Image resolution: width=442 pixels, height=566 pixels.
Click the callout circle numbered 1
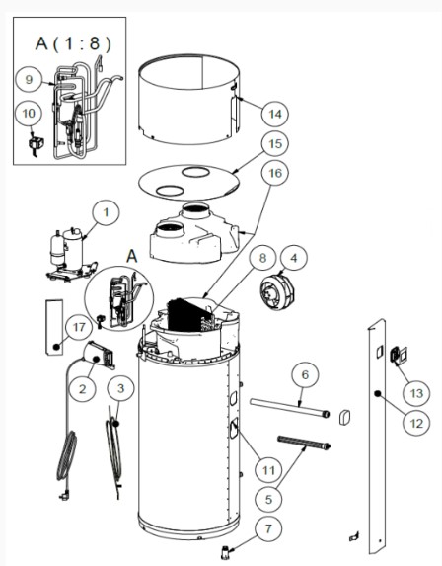pos(106,212)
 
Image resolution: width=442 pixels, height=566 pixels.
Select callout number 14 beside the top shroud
pos(274,114)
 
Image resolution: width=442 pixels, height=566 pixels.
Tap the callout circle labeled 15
pos(275,143)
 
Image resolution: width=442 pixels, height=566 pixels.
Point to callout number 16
pos(275,173)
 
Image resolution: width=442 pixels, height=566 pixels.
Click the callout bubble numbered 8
pos(262,258)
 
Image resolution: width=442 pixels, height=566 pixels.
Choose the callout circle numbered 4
pos(294,258)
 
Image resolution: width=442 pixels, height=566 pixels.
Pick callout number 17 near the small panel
pos(79,327)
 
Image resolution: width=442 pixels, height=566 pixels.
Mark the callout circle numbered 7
pos(268,528)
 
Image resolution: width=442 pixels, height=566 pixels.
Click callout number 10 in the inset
pos(29,113)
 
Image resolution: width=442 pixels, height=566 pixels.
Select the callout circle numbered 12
pos(416,423)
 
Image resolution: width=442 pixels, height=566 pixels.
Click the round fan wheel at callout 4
pos(276,291)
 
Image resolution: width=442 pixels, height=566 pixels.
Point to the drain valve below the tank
pos(225,552)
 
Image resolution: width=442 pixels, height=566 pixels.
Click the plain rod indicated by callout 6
pos(289,408)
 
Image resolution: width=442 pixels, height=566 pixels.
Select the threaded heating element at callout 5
pos(304,443)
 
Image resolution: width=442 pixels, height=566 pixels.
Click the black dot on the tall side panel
pos(378,393)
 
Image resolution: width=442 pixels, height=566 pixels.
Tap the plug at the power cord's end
pos(64,496)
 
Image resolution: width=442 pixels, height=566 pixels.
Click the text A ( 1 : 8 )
pos(74,43)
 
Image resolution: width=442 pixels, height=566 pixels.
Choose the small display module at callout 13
pos(399,355)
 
